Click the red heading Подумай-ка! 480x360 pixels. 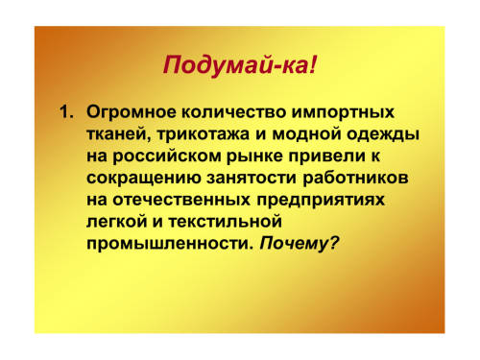(240, 66)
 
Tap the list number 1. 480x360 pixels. (66, 112)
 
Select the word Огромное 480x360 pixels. (132, 113)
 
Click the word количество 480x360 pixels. (234, 112)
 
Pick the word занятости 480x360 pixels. (252, 178)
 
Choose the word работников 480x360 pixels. (355, 178)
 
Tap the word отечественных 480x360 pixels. (181, 201)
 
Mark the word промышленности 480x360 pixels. (168, 244)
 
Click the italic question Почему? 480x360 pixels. (299, 244)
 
